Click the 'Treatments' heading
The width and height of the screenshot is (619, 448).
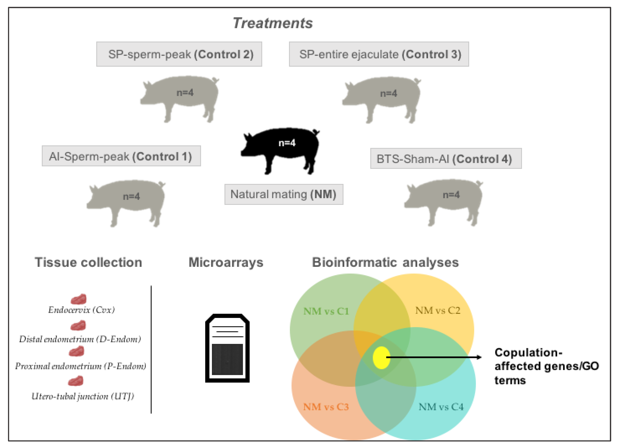(x=272, y=23)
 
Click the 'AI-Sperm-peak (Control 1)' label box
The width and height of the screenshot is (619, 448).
(x=121, y=156)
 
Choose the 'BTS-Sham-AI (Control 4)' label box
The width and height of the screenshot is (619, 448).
(x=446, y=158)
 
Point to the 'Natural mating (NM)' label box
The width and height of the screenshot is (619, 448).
(x=283, y=194)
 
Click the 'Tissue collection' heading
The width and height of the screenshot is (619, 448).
(x=88, y=262)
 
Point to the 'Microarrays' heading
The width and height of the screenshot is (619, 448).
(x=226, y=262)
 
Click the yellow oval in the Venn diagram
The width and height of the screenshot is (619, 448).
(x=381, y=357)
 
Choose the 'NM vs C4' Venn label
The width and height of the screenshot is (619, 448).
(x=441, y=407)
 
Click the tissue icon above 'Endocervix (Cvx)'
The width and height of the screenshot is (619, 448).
(x=79, y=299)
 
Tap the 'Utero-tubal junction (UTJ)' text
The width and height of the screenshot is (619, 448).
(x=83, y=396)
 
